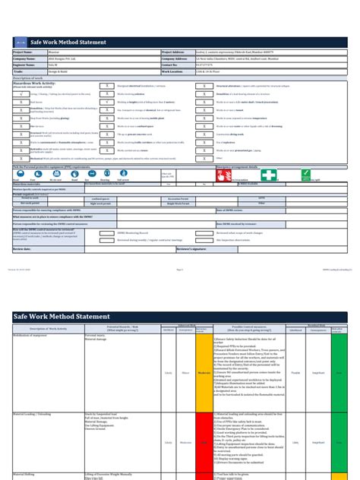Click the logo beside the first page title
(18, 42)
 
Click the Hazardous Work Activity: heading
(32, 84)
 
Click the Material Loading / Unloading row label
(35, 414)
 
